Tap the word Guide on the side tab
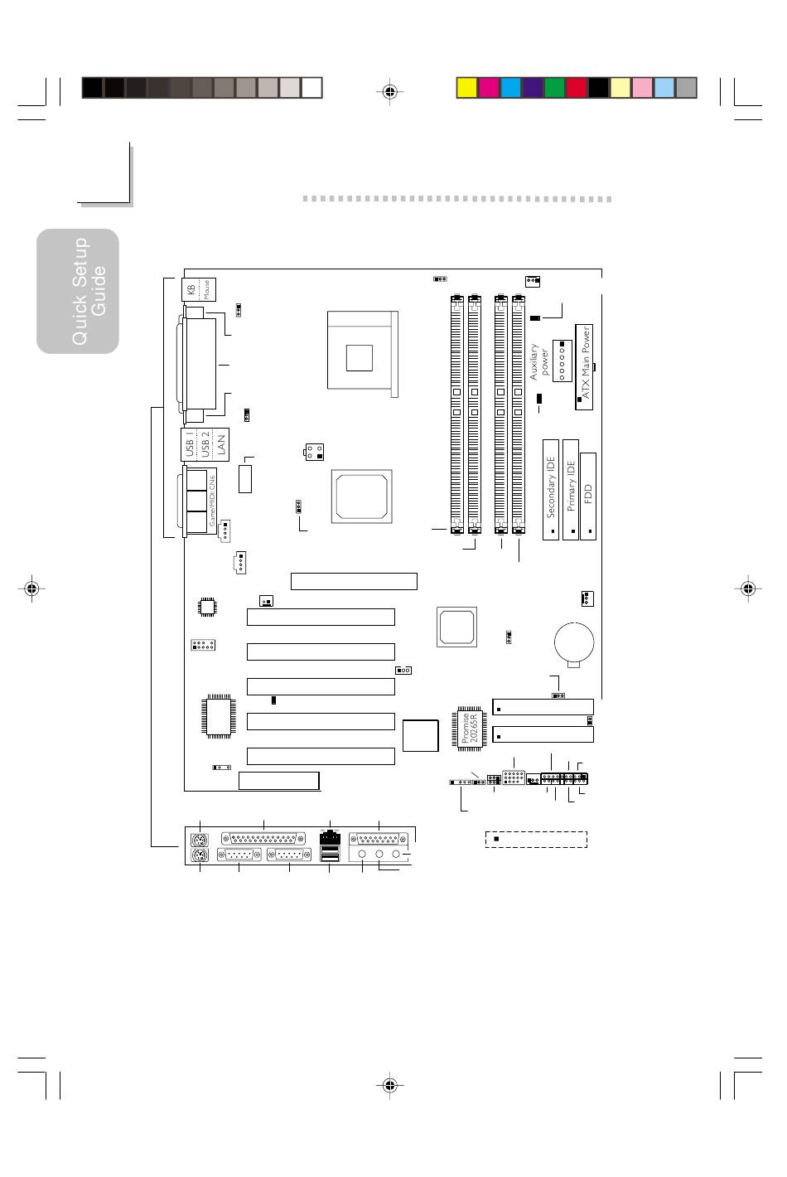(x=99, y=290)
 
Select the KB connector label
(x=191, y=288)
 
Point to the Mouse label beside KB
(x=206, y=288)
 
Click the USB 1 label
(x=190, y=444)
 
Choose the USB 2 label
(x=205, y=444)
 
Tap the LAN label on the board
(x=220, y=445)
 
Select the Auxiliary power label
(x=539, y=362)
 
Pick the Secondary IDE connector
(x=551, y=489)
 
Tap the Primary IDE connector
(x=570, y=489)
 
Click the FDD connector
(x=589, y=496)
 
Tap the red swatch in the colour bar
(x=577, y=88)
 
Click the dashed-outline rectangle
(x=536, y=839)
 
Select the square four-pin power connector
(x=313, y=452)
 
